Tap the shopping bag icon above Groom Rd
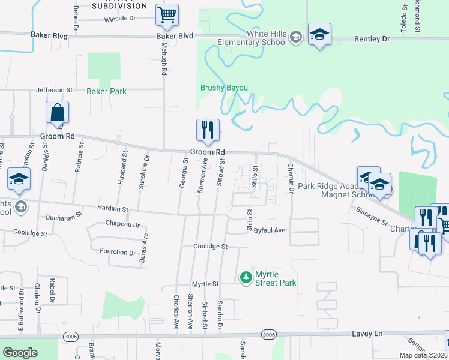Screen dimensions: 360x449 coord(58,112)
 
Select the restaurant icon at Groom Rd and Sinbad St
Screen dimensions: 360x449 coord(208,130)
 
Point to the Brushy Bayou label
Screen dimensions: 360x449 coord(224,88)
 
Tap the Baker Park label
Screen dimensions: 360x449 coord(106,91)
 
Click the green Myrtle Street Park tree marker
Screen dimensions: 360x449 coord(245,277)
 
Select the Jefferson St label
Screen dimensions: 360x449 coord(54,90)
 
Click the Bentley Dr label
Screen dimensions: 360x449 coord(372,39)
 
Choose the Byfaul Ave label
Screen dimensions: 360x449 coord(268,230)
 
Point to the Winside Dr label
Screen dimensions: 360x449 coord(121,19)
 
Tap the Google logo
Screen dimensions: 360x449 coord(20,353)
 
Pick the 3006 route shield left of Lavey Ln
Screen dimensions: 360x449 coord(70,336)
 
